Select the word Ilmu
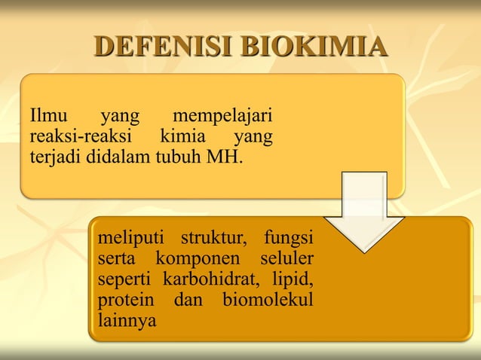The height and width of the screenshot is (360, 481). coord(47,118)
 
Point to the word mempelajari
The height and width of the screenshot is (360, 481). coord(222,118)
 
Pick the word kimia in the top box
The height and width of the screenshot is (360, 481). coord(181,139)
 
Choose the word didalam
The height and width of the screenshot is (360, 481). coord(118,159)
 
